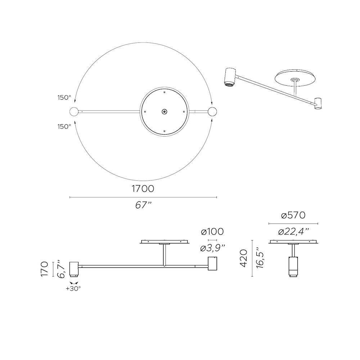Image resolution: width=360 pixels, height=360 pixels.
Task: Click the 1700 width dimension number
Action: [143, 189]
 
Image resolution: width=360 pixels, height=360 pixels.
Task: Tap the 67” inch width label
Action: [144, 205]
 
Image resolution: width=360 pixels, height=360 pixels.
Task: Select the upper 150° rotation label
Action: [64, 98]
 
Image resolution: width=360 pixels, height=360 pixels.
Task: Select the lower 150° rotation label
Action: [64, 126]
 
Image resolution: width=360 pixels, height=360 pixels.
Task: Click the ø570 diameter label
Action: [293, 215]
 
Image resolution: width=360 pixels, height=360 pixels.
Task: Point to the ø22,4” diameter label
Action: [293, 232]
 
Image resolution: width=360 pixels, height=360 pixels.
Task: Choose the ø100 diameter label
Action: [212, 231]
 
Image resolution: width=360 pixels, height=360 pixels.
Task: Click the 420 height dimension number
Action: [244, 258]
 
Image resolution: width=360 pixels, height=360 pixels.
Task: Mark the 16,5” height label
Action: [260, 258]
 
